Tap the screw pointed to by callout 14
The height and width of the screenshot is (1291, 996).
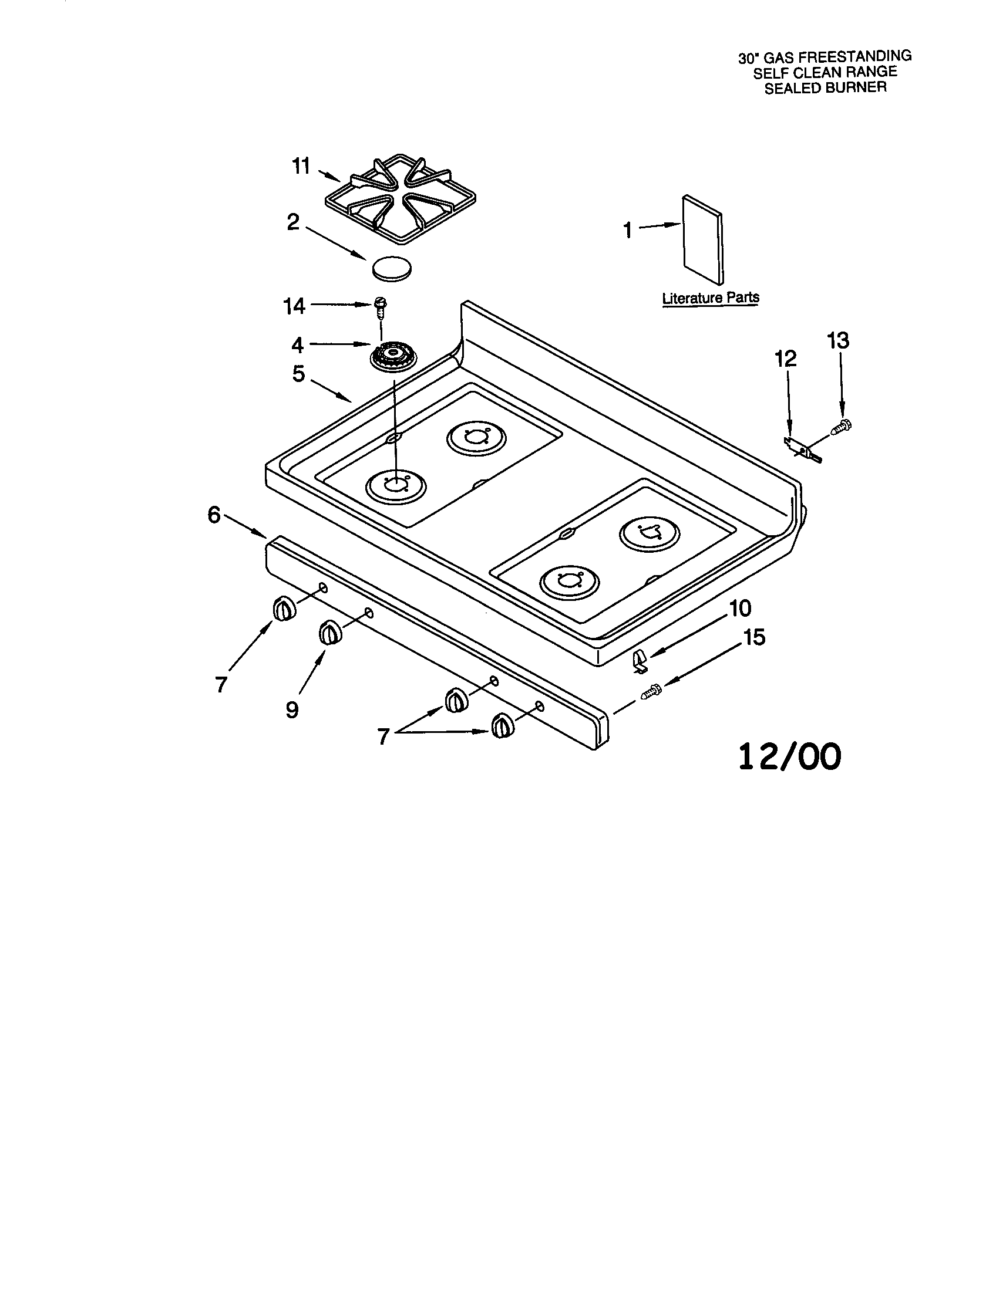click(x=380, y=308)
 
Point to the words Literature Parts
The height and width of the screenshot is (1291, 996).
click(x=711, y=298)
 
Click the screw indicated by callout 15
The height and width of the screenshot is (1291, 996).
click(x=651, y=691)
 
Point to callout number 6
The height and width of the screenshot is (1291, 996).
click(x=214, y=515)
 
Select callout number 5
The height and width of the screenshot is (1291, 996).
click(x=299, y=374)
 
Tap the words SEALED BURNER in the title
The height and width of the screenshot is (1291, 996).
click(x=826, y=87)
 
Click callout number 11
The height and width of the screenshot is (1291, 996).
click(x=301, y=167)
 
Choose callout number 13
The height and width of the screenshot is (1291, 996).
click(x=838, y=340)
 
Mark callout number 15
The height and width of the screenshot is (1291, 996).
click(x=753, y=637)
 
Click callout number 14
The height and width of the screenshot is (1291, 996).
click(x=294, y=306)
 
